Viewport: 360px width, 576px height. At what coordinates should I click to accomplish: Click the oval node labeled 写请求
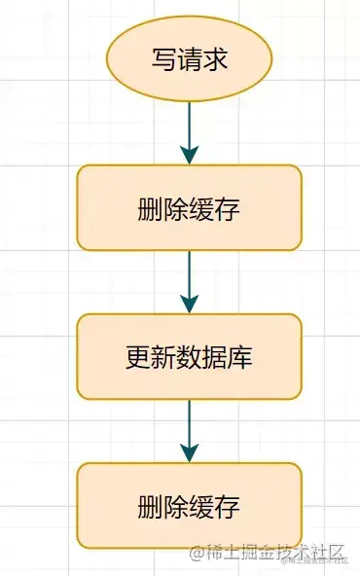coord(190,57)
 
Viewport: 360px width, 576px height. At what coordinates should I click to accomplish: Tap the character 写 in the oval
coord(163,58)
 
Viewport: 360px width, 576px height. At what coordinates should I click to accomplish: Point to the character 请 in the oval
coord(190,58)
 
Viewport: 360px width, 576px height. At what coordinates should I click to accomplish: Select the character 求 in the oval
coord(216,58)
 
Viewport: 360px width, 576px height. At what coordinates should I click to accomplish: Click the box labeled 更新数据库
coord(189,356)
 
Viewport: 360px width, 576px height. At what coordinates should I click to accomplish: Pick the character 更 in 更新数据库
coord(137,357)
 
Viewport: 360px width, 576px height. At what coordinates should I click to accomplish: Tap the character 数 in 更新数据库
coord(189,357)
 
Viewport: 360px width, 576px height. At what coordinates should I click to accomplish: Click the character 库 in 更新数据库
coord(241,357)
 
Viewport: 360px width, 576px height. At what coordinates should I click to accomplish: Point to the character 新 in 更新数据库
coord(162,357)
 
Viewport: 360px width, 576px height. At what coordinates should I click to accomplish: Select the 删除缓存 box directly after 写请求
coord(189,207)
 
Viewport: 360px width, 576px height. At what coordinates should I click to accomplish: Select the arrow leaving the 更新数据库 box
coord(189,428)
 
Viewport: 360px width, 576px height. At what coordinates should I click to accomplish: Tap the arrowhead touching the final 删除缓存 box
coord(189,453)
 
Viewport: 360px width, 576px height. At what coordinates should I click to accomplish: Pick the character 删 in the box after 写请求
coord(150,208)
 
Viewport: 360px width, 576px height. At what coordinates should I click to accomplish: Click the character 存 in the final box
coord(229,506)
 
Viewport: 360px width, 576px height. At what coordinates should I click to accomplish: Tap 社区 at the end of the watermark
coord(326,554)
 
